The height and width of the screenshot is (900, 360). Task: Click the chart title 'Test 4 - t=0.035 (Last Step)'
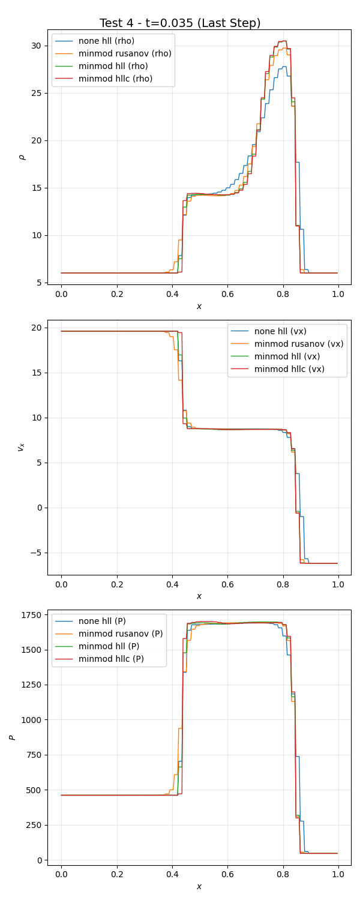click(180, 23)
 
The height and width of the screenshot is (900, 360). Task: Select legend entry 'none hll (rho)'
click(106, 41)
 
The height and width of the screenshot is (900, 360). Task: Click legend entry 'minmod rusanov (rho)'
click(125, 53)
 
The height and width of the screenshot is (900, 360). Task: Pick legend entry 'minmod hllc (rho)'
click(115, 79)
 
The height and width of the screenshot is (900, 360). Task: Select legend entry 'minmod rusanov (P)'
click(121, 634)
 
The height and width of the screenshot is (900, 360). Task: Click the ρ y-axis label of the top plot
click(23, 157)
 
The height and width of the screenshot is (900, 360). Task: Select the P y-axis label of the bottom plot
click(13, 737)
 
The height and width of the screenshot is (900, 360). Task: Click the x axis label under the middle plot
click(199, 596)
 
